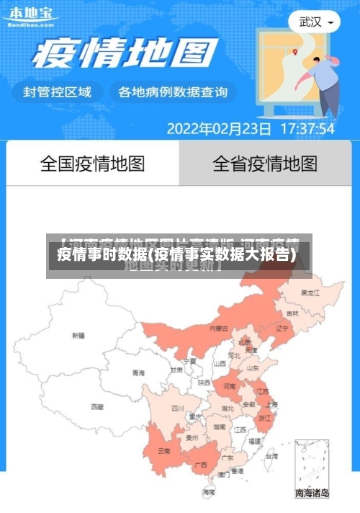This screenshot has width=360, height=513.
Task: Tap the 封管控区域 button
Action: click(x=58, y=92)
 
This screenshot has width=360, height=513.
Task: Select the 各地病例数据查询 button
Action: click(x=173, y=92)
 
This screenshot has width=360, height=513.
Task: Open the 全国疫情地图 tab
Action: click(x=92, y=164)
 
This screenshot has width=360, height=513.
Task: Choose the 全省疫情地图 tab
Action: click(x=265, y=164)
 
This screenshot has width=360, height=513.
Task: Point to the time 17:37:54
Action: click(x=307, y=129)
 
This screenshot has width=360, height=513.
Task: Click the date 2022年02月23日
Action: click(x=219, y=129)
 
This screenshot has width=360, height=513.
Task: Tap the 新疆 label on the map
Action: click(x=78, y=335)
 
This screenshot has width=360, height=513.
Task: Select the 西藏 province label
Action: click(x=97, y=407)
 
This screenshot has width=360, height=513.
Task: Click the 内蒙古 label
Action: click(x=219, y=329)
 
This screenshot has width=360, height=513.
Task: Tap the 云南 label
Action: click(x=163, y=452)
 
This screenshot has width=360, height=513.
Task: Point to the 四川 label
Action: click(x=178, y=408)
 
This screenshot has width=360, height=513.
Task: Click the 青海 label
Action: click(x=138, y=373)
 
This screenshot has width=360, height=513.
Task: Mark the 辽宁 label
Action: click(x=282, y=328)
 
